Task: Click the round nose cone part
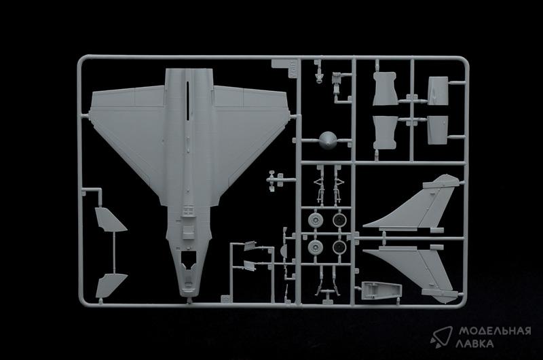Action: pyautogui.click(x=328, y=141)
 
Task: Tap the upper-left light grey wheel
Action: pyautogui.click(x=315, y=220)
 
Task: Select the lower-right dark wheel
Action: pyautogui.click(x=339, y=247)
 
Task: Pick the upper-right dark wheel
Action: pyautogui.click(x=339, y=220)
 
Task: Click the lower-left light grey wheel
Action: pyautogui.click(x=315, y=247)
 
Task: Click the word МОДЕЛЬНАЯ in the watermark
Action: pyautogui.click(x=495, y=331)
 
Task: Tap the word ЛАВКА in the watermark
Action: pyautogui.click(x=474, y=344)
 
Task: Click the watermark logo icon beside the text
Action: pyautogui.click(x=442, y=336)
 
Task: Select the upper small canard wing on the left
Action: pyautogui.click(x=109, y=219)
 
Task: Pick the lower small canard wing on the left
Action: pyautogui.click(x=110, y=285)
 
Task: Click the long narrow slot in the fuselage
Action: pyautogui.click(x=188, y=101)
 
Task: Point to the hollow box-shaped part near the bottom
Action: pyautogui.click(x=381, y=290)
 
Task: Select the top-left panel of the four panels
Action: pyautogui.click(x=385, y=88)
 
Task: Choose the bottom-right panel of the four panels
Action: pyautogui.click(x=438, y=130)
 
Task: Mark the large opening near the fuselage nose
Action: pyautogui.click(x=189, y=260)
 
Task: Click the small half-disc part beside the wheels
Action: pyautogui.click(x=283, y=251)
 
